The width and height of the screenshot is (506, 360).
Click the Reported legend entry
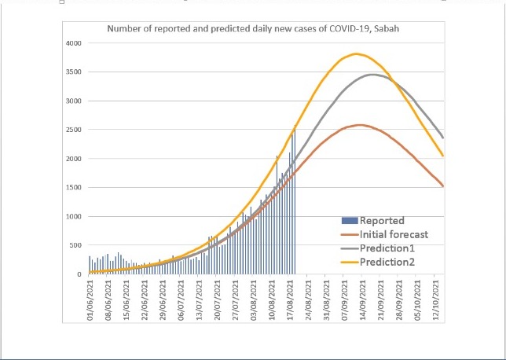(x=382, y=221)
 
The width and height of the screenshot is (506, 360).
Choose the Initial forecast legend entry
(x=393, y=234)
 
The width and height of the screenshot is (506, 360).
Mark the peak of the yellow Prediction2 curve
(x=357, y=53)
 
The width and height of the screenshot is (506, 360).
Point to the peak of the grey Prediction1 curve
(x=372, y=75)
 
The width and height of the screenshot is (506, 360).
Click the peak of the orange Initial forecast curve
(x=359, y=125)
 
